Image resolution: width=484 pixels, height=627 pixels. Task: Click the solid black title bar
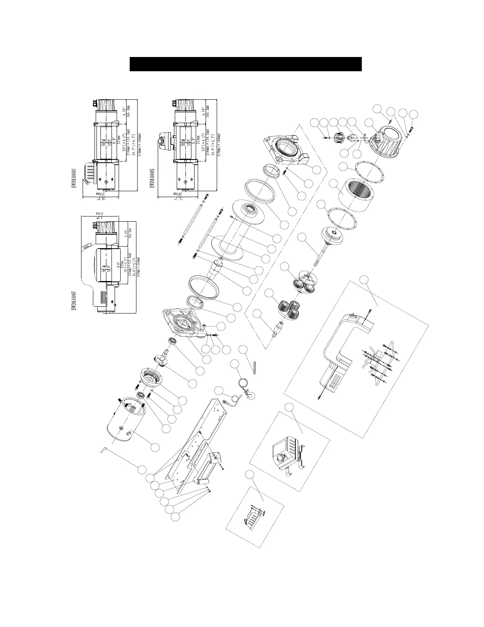coord(246,64)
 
